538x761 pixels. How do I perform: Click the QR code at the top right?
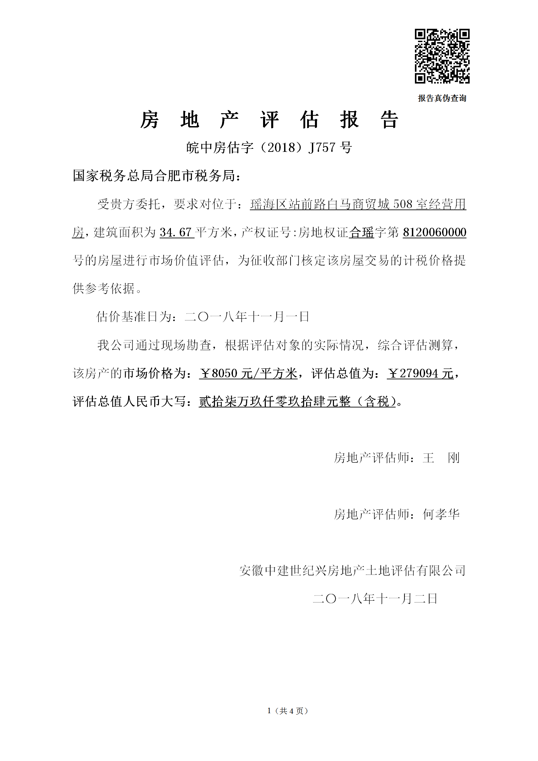[x=442, y=56]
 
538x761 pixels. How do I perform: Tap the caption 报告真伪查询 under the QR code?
[x=442, y=98]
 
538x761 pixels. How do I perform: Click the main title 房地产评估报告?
[x=269, y=120]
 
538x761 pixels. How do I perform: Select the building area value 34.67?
[x=176, y=232]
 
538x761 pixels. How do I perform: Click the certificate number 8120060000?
[x=434, y=232]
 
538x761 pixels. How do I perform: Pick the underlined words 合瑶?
[x=361, y=232]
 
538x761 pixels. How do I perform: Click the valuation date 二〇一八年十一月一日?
[x=247, y=317]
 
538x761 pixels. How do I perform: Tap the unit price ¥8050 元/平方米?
[x=248, y=373]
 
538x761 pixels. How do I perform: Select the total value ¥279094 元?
[x=420, y=373]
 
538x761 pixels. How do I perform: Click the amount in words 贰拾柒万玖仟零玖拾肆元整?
[x=275, y=402]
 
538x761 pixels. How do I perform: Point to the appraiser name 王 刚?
[x=441, y=458]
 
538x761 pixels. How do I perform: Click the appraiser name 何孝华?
[x=441, y=514]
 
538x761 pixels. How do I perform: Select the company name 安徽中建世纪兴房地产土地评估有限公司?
[x=352, y=570]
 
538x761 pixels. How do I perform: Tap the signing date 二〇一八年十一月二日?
[x=375, y=599]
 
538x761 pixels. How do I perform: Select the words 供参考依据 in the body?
[x=103, y=288]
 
